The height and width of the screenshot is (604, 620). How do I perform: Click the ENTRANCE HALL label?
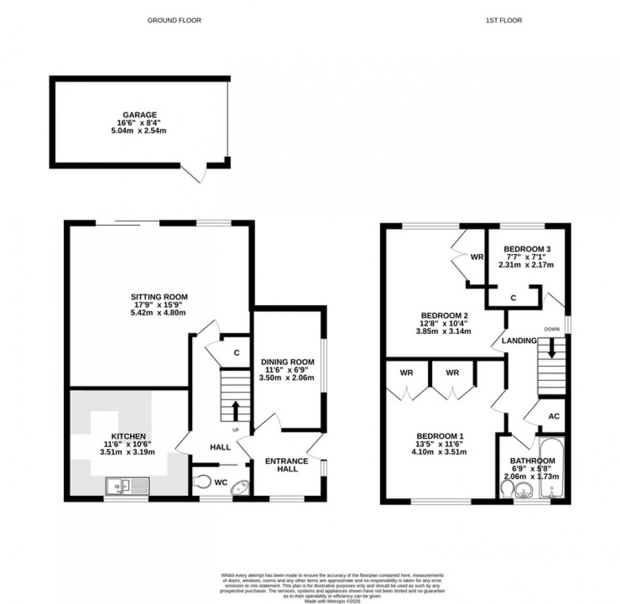click(286, 465)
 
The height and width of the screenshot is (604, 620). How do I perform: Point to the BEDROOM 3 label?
click(528, 249)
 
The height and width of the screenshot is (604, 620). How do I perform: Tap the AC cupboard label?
click(554, 417)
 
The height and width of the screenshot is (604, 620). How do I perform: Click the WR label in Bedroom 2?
click(477, 257)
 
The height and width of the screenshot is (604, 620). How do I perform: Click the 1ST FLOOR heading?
click(503, 20)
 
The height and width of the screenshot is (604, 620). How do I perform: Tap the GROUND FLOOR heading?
click(174, 20)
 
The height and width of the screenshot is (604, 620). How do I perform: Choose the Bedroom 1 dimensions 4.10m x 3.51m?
click(440, 452)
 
